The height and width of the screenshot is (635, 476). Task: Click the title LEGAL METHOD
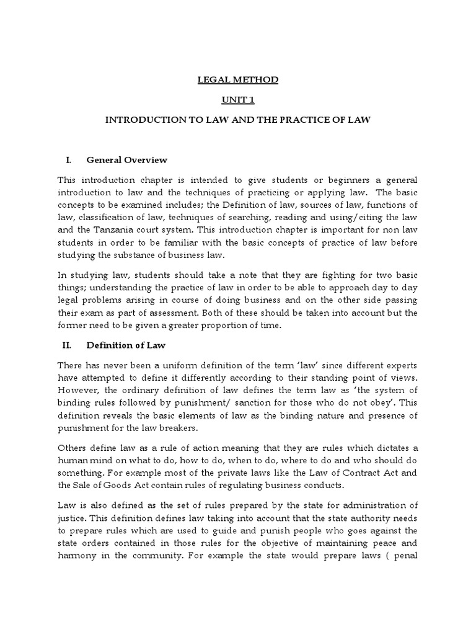238,80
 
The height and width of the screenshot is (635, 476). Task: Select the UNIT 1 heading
238,100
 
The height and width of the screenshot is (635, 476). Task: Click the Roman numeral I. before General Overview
69,160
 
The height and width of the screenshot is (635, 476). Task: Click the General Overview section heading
127,160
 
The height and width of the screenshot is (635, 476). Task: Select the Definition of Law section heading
126,345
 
